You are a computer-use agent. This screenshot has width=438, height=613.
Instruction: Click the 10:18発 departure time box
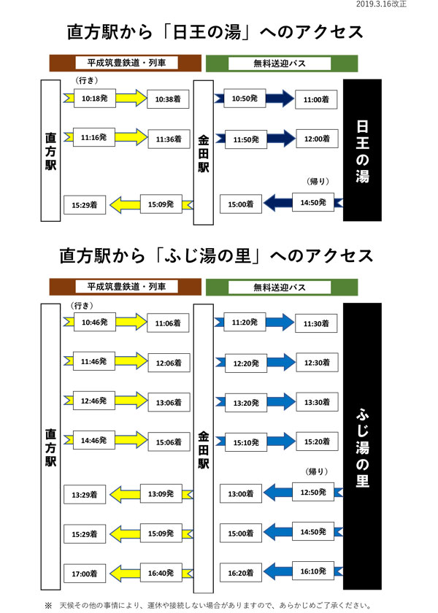click(x=95, y=98)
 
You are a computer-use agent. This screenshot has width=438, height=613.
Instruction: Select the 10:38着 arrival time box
click(x=168, y=99)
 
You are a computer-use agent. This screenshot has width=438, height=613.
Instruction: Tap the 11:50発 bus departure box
click(x=246, y=139)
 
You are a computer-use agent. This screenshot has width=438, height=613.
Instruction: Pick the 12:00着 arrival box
click(x=317, y=139)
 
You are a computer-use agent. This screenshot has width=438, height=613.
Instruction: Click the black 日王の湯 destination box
click(x=362, y=150)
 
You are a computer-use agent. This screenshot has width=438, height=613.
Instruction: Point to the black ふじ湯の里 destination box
click(x=362, y=446)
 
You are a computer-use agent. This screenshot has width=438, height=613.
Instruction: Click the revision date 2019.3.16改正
click(x=381, y=4)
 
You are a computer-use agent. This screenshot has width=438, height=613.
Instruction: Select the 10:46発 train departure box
click(x=95, y=322)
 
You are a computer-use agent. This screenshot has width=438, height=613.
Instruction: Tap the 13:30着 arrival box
click(x=317, y=402)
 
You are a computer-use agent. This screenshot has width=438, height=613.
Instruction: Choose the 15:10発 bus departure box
click(x=246, y=442)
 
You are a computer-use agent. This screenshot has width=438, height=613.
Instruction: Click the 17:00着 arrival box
click(x=85, y=574)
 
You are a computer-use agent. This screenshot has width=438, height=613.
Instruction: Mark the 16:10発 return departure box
click(x=313, y=571)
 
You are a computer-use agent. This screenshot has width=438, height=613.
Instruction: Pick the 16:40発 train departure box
click(x=161, y=573)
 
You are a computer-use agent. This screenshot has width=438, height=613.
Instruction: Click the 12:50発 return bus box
click(x=313, y=492)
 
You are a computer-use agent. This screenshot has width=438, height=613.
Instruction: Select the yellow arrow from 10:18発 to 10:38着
click(x=131, y=98)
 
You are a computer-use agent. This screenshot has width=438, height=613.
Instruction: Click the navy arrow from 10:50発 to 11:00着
click(x=280, y=98)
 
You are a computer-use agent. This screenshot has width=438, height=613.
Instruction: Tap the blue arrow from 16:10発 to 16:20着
click(x=277, y=571)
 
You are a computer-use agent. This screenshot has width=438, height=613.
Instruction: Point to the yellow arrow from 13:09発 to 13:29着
click(x=125, y=494)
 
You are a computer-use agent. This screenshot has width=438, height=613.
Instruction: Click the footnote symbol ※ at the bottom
click(x=48, y=606)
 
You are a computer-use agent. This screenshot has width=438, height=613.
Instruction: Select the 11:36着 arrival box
click(x=169, y=139)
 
